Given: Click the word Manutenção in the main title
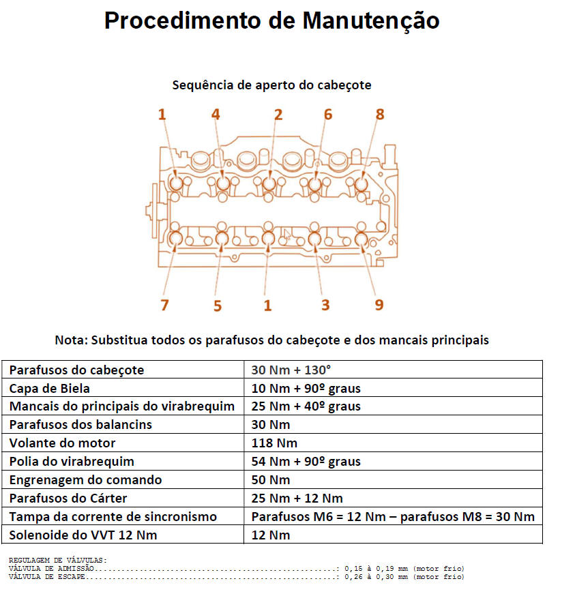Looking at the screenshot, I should point(370,21).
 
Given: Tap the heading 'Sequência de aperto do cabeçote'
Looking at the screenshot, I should point(271,85).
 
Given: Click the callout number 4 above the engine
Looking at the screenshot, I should point(216,115).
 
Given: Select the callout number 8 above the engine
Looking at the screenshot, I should point(380,115).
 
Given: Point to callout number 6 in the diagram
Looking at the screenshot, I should point(327,115).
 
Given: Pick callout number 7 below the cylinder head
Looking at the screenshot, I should point(164,305).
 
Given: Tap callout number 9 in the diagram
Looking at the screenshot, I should point(379,305).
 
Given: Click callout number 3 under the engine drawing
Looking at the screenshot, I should point(325,305).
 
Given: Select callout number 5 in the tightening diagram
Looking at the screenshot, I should point(217,306).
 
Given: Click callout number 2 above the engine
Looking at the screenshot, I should point(278,115).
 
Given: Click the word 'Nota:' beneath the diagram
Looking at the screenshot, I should point(71,340).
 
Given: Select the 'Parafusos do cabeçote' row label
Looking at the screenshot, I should point(76,370).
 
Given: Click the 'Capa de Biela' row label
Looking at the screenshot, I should point(49,388).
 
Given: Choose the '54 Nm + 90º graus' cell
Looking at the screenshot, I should point(306,462).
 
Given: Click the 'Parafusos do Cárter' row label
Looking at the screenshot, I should point(68,498).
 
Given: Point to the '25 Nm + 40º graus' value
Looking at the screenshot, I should point(306,406).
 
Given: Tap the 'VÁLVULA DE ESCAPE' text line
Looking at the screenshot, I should point(48,577).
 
